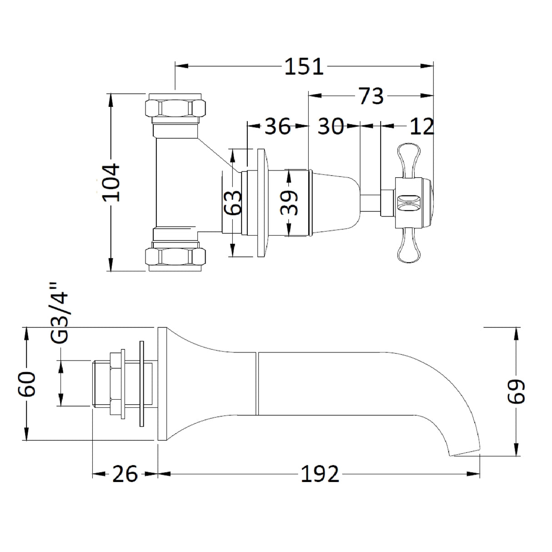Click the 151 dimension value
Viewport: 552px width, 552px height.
coord(304,67)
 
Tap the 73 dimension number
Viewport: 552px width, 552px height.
coord(371,96)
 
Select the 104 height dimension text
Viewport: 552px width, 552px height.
coord(112,182)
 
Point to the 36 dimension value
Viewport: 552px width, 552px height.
coord(277,126)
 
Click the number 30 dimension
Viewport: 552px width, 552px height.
coord(330,126)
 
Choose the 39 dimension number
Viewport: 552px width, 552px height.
coord(289,202)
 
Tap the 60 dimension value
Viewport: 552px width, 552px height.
coord(27,384)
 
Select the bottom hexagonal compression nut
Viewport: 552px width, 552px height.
coord(176,257)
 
